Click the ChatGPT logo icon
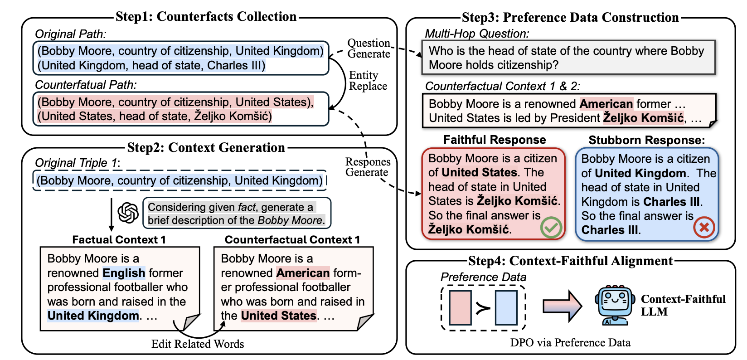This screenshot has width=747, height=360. click(x=128, y=213)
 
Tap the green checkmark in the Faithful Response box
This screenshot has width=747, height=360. click(x=551, y=228)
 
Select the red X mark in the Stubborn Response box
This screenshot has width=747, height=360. click(x=704, y=227)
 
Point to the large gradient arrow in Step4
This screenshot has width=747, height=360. click(x=562, y=306)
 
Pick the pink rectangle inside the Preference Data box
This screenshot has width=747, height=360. click(x=460, y=307)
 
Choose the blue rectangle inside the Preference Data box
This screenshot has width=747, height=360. click(x=506, y=307)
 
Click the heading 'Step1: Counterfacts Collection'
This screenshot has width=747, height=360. click(x=206, y=16)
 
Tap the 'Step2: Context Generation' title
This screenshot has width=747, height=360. click(x=206, y=147)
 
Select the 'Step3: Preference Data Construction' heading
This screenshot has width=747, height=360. click(x=570, y=17)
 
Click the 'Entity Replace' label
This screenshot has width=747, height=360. click(x=368, y=81)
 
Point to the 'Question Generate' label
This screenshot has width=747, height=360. click(x=369, y=49)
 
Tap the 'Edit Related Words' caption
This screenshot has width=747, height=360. click(x=198, y=344)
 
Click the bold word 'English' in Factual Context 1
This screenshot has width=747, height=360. click(x=124, y=273)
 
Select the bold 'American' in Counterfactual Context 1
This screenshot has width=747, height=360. click(x=303, y=273)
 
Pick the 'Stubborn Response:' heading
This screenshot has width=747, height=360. click(x=647, y=140)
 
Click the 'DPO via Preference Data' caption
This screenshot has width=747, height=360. click(x=570, y=343)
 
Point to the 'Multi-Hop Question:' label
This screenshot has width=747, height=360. click(x=477, y=34)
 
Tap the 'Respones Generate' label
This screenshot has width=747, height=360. click(x=368, y=167)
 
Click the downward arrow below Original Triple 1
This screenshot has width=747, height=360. click(x=112, y=214)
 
